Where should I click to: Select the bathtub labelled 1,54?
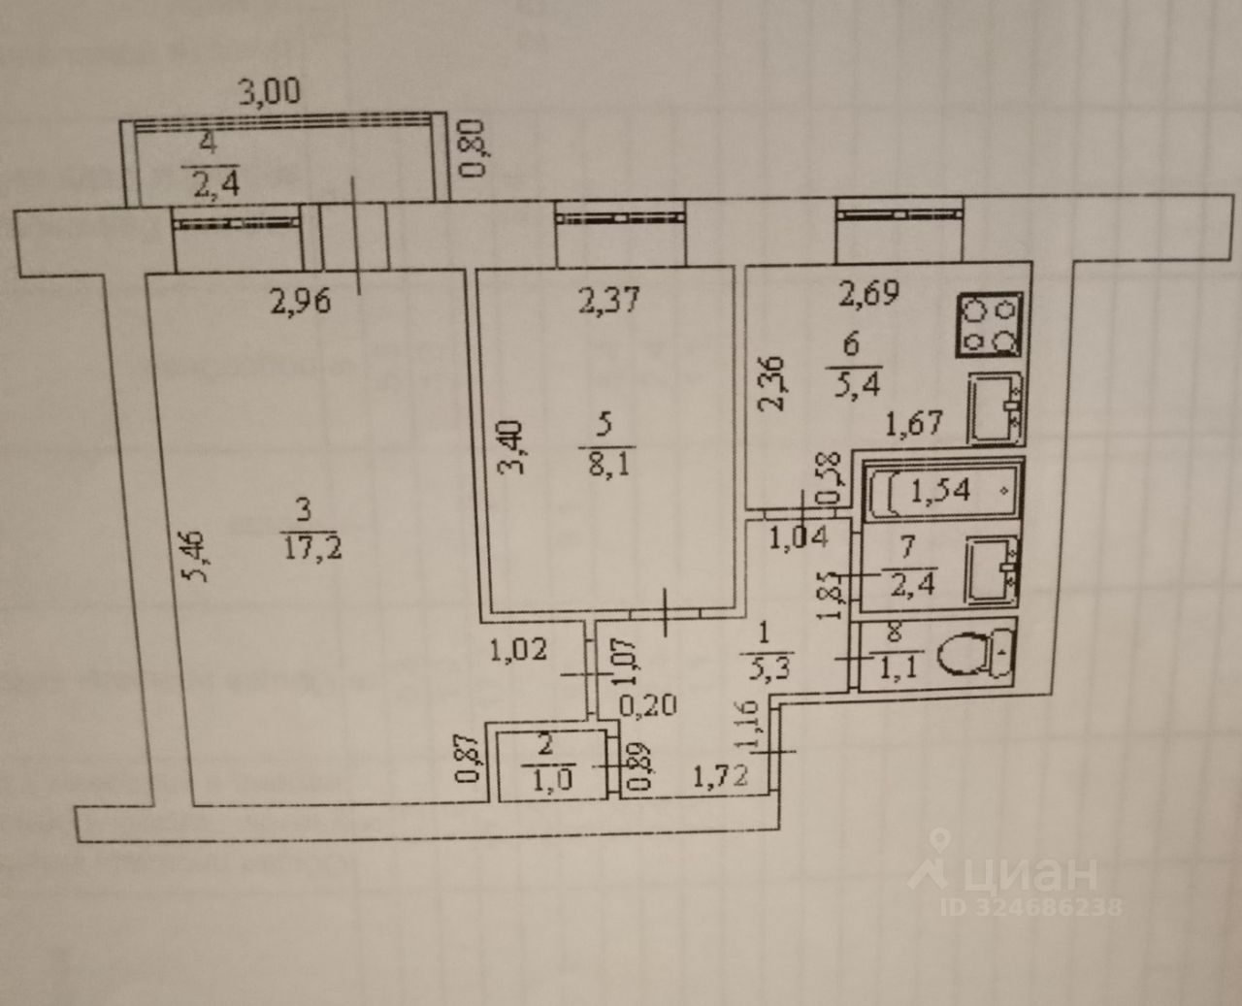940,487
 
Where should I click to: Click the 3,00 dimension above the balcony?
271,92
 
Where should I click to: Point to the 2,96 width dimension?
300,303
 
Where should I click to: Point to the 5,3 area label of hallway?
763,666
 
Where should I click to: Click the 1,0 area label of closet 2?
545,776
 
